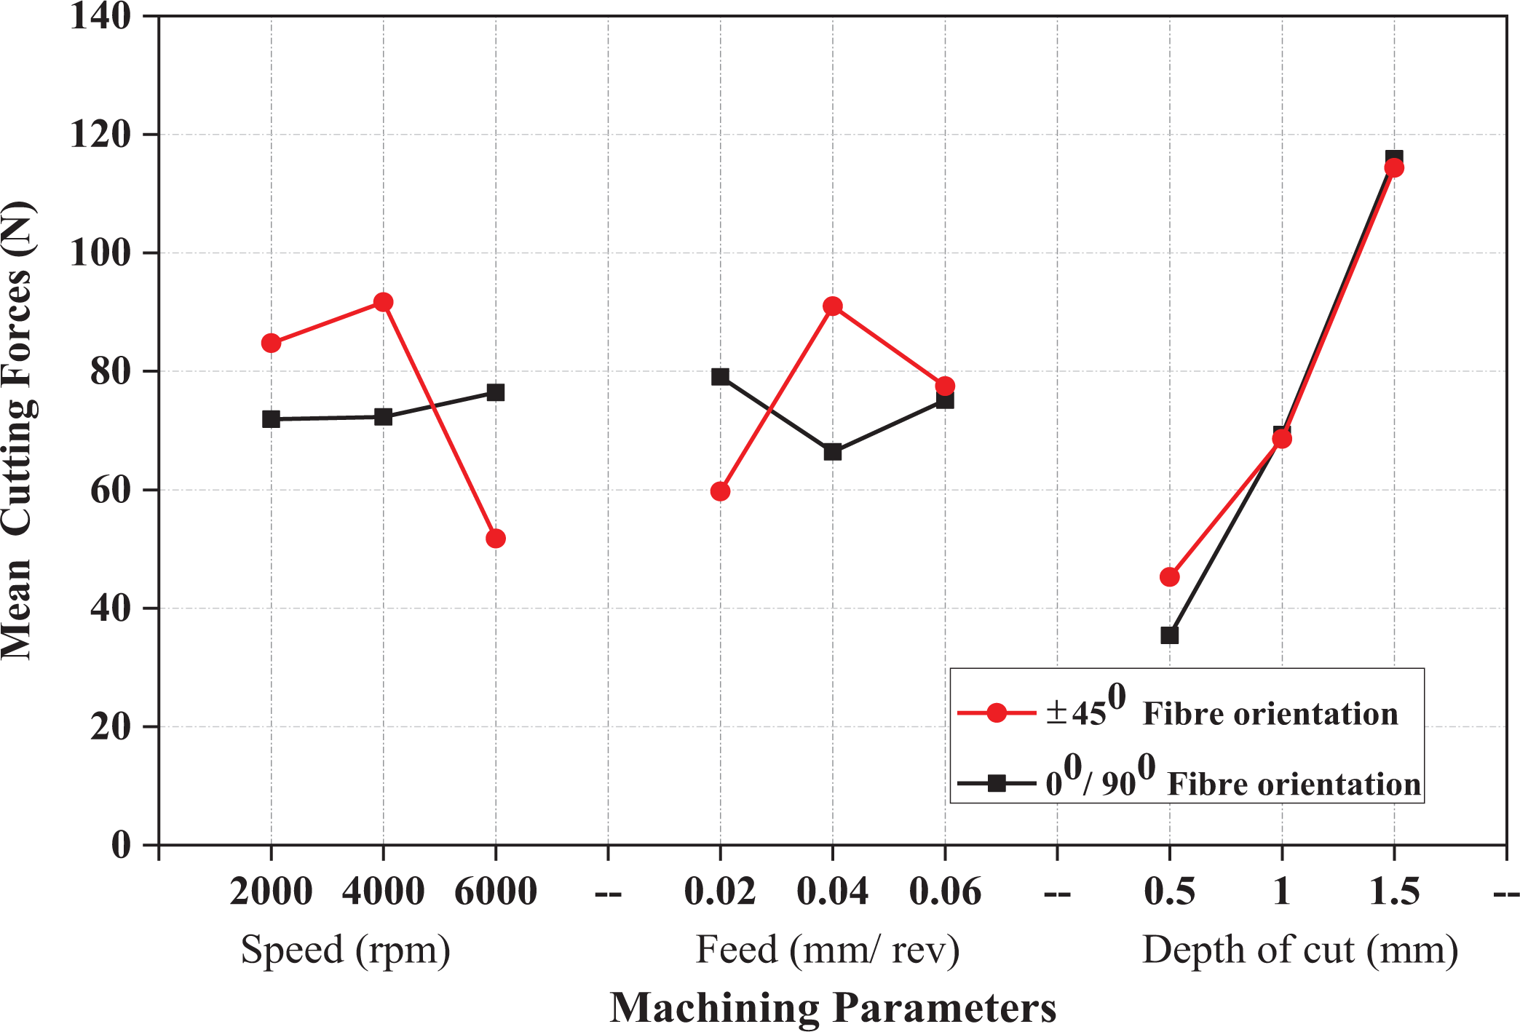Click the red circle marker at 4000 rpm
[x=383, y=302]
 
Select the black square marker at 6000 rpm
[x=496, y=392]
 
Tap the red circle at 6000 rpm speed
[x=496, y=539]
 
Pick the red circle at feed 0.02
[x=720, y=491]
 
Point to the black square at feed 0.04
[x=833, y=452]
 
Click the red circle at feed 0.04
[x=833, y=306]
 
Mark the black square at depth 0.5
[x=1169, y=635]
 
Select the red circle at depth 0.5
[x=1169, y=577]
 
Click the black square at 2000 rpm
[x=271, y=419]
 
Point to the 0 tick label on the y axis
[x=121, y=845]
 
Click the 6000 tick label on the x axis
[x=496, y=892]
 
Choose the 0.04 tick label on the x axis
[x=833, y=892]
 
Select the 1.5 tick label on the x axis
[x=1394, y=892]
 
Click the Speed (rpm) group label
[x=346, y=950]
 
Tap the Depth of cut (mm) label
[x=1300, y=950]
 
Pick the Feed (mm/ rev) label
[x=828, y=950]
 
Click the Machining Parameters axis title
[x=833, y=1008]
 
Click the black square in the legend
[x=997, y=783]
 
